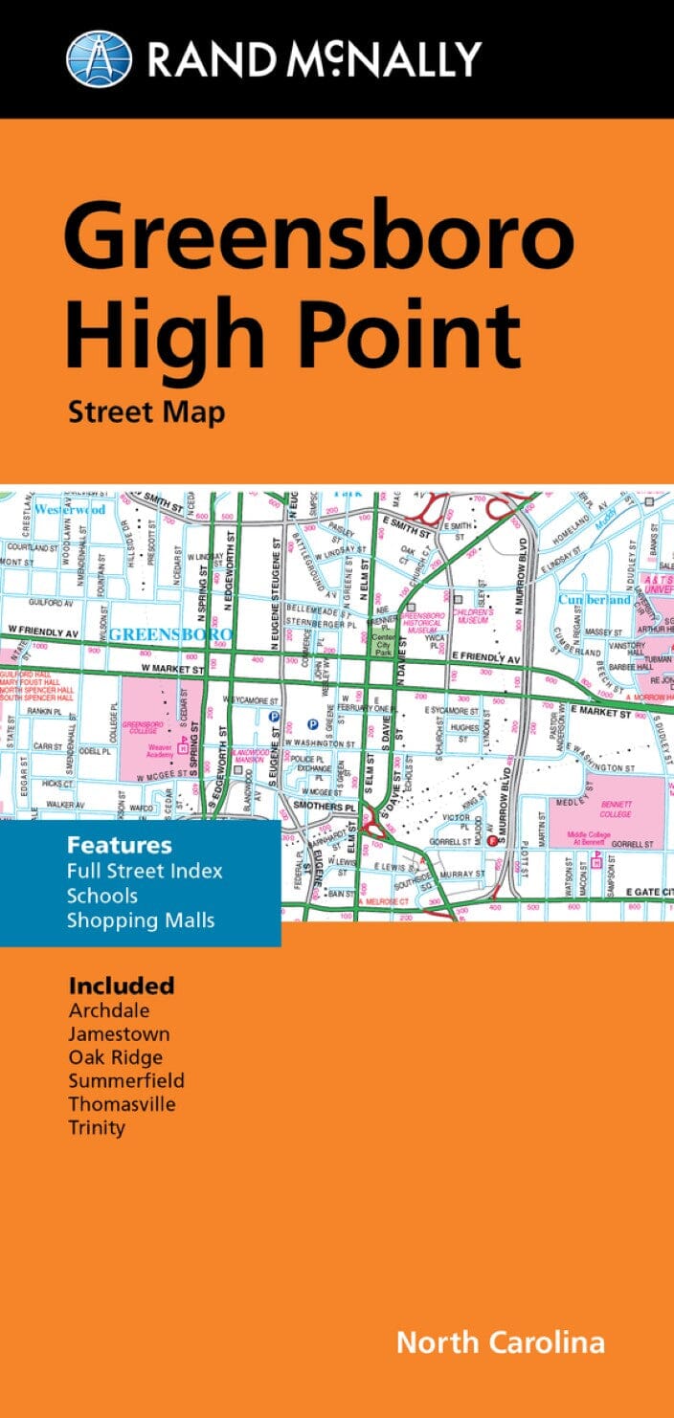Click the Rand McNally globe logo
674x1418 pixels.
(99, 57)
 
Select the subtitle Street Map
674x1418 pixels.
(146, 411)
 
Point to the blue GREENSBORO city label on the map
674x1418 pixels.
(169, 634)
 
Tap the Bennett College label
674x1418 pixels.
(616, 809)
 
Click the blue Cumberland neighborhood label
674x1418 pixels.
(595, 600)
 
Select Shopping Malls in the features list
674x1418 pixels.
(141, 920)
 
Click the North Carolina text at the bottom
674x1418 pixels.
(500, 1341)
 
